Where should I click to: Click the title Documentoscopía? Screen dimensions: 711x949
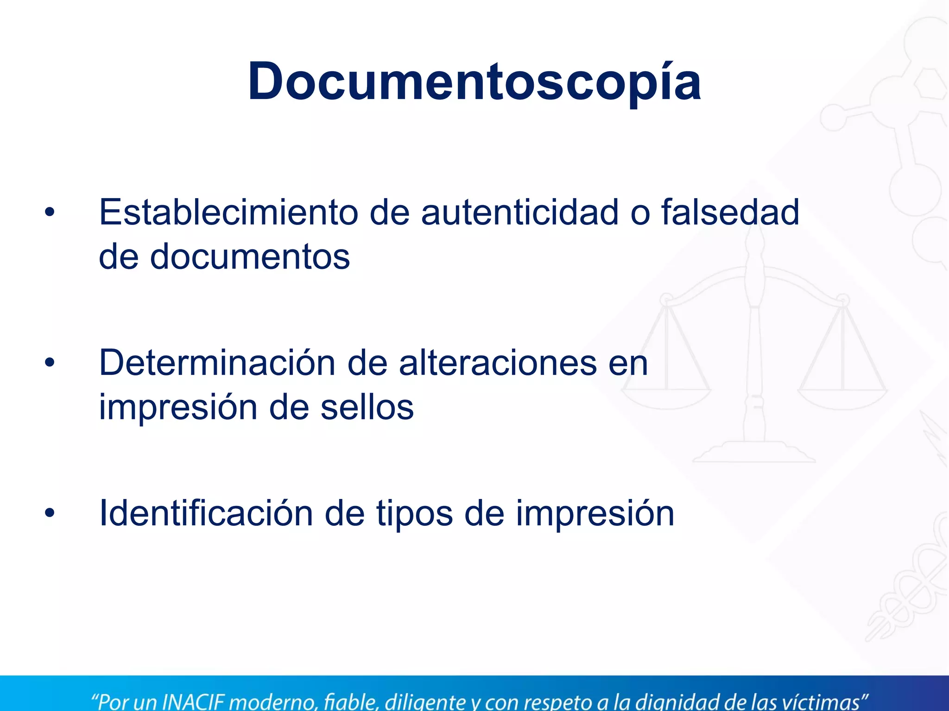point(474,82)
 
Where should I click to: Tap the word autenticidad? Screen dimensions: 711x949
point(519,212)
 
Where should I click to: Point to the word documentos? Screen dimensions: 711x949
point(250,257)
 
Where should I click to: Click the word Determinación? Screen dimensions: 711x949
point(217,363)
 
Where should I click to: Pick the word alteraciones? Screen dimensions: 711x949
point(498,363)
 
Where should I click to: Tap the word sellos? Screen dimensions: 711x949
point(367,408)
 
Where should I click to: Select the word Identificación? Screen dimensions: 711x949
point(206,513)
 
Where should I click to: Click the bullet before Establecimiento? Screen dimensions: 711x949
point(50,213)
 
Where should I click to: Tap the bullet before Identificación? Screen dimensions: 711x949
point(50,513)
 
